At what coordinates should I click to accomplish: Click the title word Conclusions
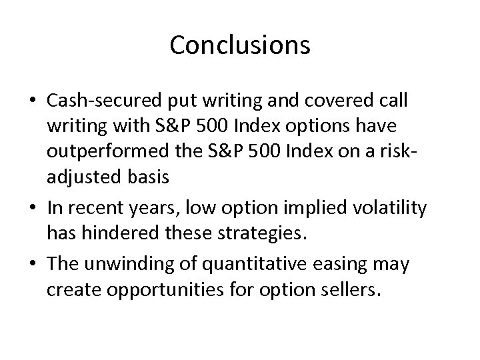[x=239, y=45]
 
